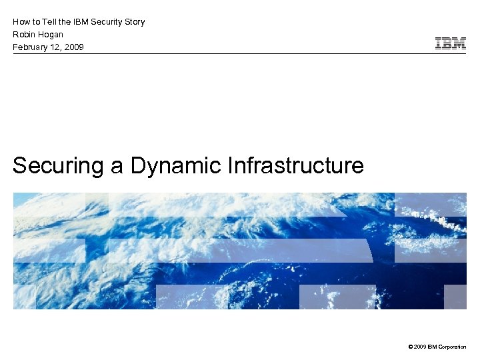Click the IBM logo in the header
pos(450,44)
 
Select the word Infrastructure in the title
pos(295,165)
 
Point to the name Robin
pos(24,34)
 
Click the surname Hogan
pos(51,34)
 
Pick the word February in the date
pos(31,47)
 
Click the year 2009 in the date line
pos(73,47)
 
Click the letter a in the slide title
pos(117,165)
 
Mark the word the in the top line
pos(63,21)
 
